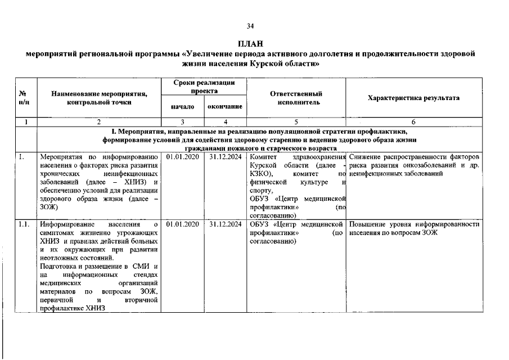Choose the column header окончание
tap(224, 106)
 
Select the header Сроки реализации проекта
tap(204, 86)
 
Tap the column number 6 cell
tap(413, 121)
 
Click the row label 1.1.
tap(23, 224)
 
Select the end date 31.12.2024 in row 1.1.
tap(224, 224)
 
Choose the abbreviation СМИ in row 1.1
tap(141, 266)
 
